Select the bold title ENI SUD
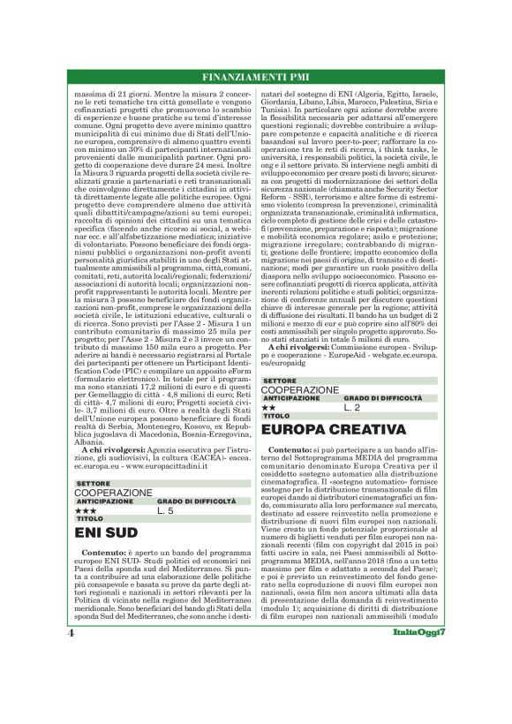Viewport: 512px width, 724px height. tap(106, 533)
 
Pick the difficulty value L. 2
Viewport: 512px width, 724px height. tap(353, 407)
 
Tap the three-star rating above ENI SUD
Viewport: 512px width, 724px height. tap(86, 510)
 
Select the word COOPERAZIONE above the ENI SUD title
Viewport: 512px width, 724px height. tap(113, 493)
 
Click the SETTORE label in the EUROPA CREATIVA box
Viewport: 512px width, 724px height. tap(280, 381)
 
